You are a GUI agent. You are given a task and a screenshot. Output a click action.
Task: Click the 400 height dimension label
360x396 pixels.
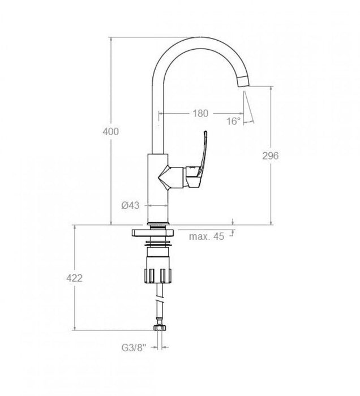(110, 132)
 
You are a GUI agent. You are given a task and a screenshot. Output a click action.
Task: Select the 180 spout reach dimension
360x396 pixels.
(200, 113)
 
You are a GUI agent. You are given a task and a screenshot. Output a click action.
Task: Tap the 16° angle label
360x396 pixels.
(233, 121)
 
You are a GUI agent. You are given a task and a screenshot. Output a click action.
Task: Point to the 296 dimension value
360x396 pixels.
(271, 156)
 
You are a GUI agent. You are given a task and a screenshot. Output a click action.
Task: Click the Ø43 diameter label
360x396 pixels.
(131, 205)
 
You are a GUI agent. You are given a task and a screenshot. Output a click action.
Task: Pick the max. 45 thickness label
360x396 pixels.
(207, 236)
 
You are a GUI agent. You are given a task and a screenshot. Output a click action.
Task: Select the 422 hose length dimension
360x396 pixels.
(75, 278)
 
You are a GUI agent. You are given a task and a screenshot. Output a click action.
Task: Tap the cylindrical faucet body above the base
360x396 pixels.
(157, 181)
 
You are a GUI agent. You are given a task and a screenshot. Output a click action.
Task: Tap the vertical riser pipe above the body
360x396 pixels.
(158, 113)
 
